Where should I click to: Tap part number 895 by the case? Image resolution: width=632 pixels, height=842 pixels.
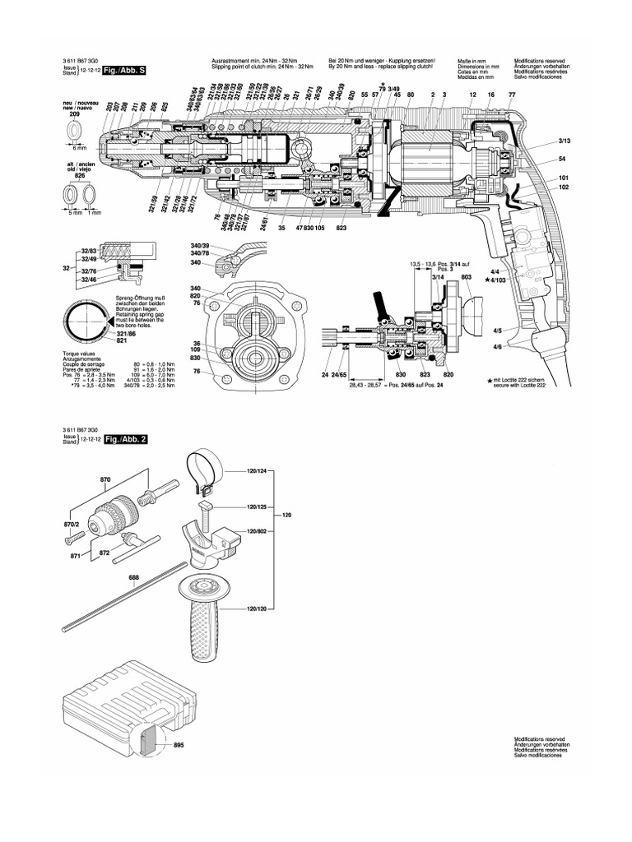(179, 746)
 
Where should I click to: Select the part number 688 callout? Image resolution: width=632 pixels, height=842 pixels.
(134, 577)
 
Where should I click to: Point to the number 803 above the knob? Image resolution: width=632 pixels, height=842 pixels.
(466, 279)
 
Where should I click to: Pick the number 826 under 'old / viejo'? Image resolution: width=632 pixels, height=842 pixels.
(79, 175)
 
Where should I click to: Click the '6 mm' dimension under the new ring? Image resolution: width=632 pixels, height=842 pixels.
(78, 147)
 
